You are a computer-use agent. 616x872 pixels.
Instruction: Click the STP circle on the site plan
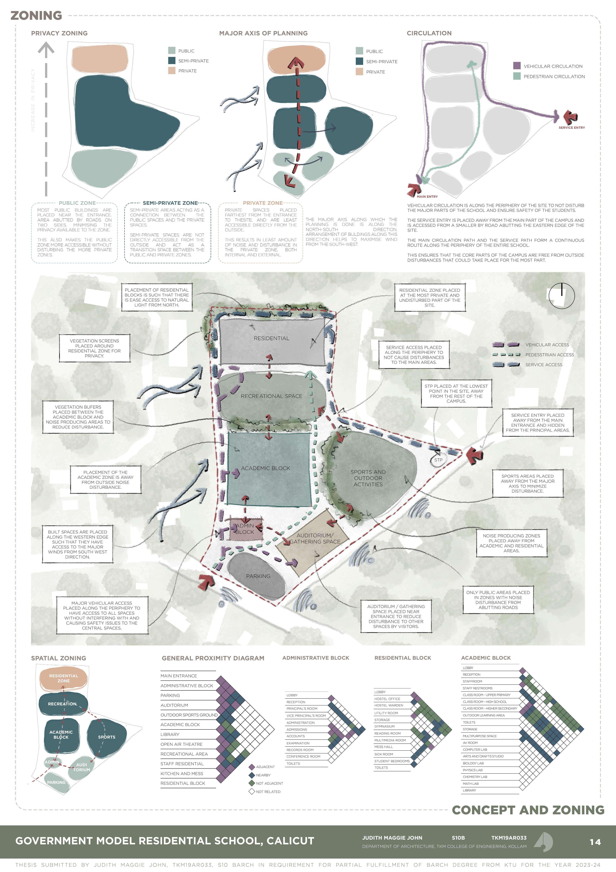pyautogui.click(x=438, y=460)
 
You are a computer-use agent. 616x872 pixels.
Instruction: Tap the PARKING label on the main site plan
pyautogui.click(x=258, y=576)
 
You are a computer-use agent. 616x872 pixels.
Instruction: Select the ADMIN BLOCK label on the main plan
pyautogui.click(x=245, y=529)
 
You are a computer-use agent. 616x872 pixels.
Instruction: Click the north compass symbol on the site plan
pyautogui.click(x=561, y=296)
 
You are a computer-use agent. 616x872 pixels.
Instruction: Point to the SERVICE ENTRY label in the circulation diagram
pyautogui.click(x=572, y=128)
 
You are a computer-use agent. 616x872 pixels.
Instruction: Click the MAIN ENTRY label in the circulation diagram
pyautogui.click(x=427, y=197)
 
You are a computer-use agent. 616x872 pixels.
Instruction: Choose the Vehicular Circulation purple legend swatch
pyautogui.click(x=517, y=66)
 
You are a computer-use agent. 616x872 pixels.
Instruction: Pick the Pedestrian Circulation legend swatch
pyautogui.click(x=517, y=76)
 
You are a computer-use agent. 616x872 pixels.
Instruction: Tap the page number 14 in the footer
pyautogui.click(x=595, y=842)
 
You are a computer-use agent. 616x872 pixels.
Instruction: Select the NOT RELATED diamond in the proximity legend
pyautogui.click(x=251, y=791)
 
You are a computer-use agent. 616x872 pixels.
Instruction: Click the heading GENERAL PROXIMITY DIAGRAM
pyautogui.click(x=213, y=658)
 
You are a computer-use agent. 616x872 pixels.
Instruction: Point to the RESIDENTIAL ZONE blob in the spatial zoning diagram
pyautogui.click(x=63, y=678)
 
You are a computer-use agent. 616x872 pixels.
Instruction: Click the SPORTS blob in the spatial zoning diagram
pyautogui.click(x=107, y=737)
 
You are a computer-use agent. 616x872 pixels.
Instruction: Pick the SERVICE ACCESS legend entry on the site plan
pyautogui.click(x=543, y=365)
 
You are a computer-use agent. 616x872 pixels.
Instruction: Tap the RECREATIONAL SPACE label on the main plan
pyautogui.click(x=271, y=396)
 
